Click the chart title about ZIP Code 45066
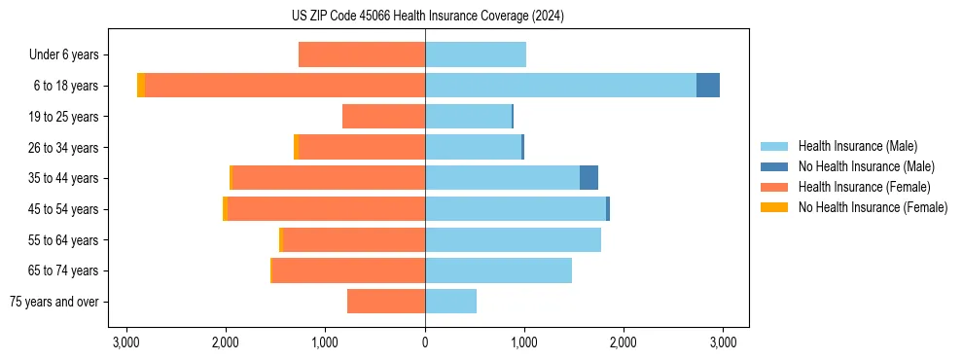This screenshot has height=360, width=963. click(x=481, y=17)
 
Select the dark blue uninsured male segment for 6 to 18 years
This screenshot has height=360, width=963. click(x=708, y=86)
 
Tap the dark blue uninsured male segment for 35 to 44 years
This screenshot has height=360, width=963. click(x=588, y=178)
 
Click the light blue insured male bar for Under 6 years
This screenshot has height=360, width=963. click(x=476, y=54)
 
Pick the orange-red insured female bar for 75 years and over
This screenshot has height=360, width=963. click(x=386, y=302)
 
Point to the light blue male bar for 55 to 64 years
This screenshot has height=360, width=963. click(x=513, y=239)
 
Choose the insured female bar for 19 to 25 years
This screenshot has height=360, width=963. click(x=383, y=117)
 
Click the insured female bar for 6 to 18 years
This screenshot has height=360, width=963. click(x=285, y=86)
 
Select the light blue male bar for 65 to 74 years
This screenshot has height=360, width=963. click(x=498, y=270)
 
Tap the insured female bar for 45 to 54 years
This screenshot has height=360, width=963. click(x=326, y=209)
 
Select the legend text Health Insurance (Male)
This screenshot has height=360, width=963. click(x=857, y=146)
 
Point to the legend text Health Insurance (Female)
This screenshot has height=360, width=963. click(x=861, y=187)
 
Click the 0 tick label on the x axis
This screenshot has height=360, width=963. click(x=425, y=342)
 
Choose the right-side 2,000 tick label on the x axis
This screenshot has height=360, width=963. click(x=624, y=342)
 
